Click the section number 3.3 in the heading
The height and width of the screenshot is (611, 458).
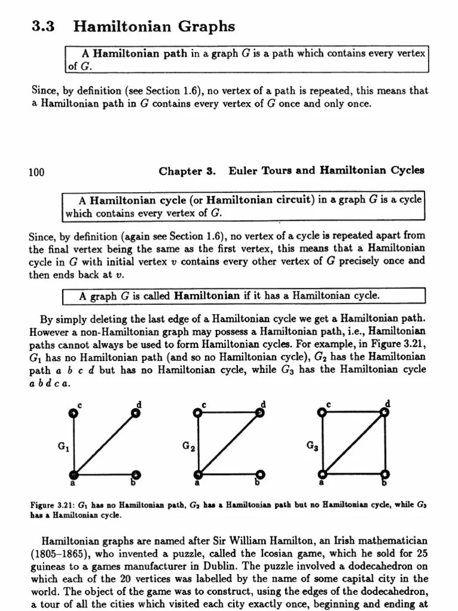pyautogui.click(x=41, y=27)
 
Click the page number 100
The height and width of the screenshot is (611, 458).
pyautogui.click(x=37, y=172)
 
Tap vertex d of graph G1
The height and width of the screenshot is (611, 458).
pyautogui.click(x=137, y=412)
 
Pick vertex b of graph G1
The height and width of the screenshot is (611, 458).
pyautogui.click(x=137, y=474)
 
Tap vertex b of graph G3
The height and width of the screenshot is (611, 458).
pyautogui.click(x=385, y=474)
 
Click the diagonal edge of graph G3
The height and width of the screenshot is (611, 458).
pyautogui.click(x=354, y=443)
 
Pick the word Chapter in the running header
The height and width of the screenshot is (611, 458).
pyautogui.click(x=181, y=172)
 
